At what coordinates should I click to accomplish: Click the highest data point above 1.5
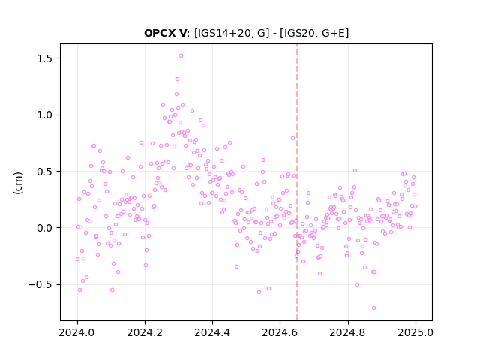pyautogui.click(x=181, y=56)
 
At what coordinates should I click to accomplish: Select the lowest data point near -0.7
pyautogui.click(x=373, y=308)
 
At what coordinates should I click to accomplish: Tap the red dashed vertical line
pyautogui.click(x=297, y=182)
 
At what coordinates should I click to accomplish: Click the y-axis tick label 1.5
pyautogui.click(x=44, y=58)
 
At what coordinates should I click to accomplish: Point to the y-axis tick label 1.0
pyautogui.click(x=44, y=115)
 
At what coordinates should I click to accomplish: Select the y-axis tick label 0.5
pyautogui.click(x=44, y=172)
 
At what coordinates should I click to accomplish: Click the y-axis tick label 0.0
pyautogui.click(x=44, y=228)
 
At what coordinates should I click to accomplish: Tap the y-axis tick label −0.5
pyautogui.click(x=40, y=285)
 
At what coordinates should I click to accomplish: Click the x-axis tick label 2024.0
pyautogui.click(x=77, y=332)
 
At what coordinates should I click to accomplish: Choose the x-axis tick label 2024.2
pyautogui.click(x=145, y=332)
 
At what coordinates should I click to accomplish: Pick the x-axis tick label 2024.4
pyautogui.click(x=212, y=332)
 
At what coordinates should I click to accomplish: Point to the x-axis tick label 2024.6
pyautogui.click(x=280, y=332)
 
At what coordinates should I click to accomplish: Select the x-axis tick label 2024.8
pyautogui.click(x=348, y=332)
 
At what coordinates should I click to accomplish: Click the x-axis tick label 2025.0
pyautogui.click(x=415, y=332)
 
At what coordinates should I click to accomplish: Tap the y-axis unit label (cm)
pyautogui.click(x=18, y=183)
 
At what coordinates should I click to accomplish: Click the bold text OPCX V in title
pyautogui.click(x=165, y=33)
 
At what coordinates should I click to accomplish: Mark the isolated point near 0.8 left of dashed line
pyautogui.click(x=292, y=138)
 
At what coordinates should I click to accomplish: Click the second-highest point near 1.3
pyautogui.click(x=177, y=79)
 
